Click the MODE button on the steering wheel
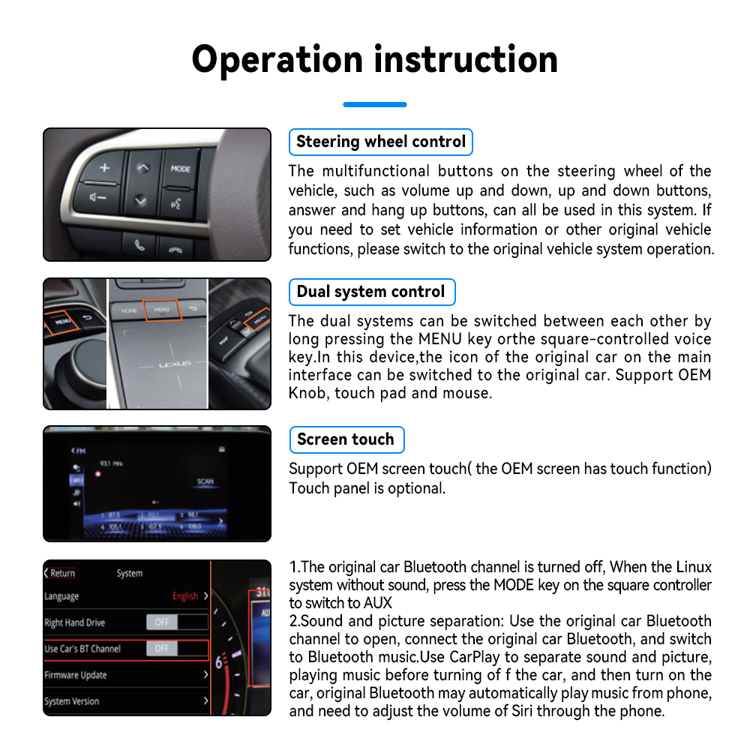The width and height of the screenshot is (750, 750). tap(180, 169)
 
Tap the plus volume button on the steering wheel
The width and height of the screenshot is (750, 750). tap(104, 167)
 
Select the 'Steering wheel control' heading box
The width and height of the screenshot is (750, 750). tap(380, 142)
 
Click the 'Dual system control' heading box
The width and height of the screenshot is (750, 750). tap(371, 292)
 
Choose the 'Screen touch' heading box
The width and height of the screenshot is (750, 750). tap(346, 439)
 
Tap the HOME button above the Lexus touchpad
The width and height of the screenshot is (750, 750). tap(129, 309)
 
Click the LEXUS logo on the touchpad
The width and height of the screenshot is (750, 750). tap(174, 364)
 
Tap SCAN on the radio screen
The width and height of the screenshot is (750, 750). tap(205, 481)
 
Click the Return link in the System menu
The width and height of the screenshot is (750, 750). tap(60, 573)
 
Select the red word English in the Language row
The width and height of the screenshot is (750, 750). tap(184, 596)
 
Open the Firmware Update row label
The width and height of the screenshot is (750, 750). tap(75, 675)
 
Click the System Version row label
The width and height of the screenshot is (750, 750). tap(71, 701)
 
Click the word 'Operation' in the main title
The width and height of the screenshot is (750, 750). tap(276, 60)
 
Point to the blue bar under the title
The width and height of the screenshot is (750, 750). tap(374, 104)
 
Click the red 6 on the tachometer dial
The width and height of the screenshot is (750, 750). tap(220, 662)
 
